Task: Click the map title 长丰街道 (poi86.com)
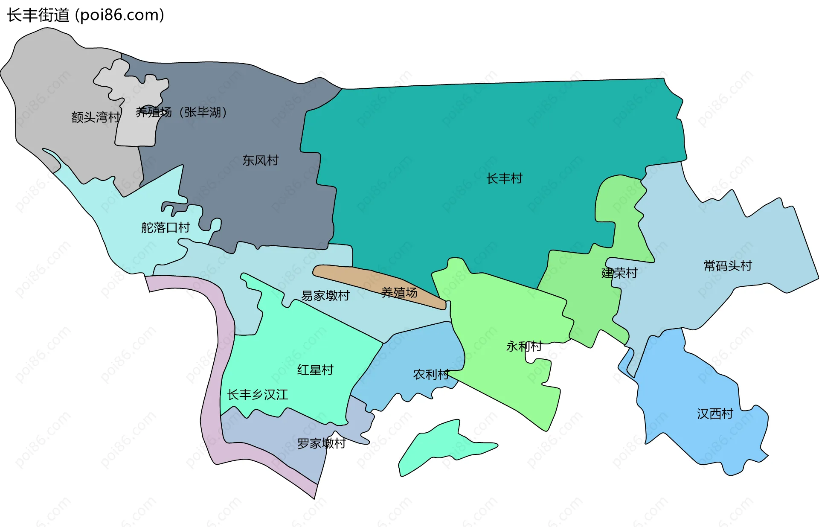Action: click(85, 15)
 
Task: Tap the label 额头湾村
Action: click(96, 117)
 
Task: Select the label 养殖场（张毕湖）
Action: click(181, 112)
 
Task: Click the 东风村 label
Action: click(260, 160)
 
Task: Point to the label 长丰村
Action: click(504, 178)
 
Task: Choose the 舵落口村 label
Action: click(166, 227)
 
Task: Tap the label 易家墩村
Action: click(325, 295)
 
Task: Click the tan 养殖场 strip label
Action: click(399, 293)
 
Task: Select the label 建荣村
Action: click(619, 273)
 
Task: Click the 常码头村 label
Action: click(727, 266)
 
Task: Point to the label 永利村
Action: click(524, 346)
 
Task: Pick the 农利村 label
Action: click(431, 374)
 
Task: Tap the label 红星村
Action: click(315, 370)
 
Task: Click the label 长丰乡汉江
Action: click(257, 394)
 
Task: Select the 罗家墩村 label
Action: click(321, 443)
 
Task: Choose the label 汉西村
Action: click(715, 413)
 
